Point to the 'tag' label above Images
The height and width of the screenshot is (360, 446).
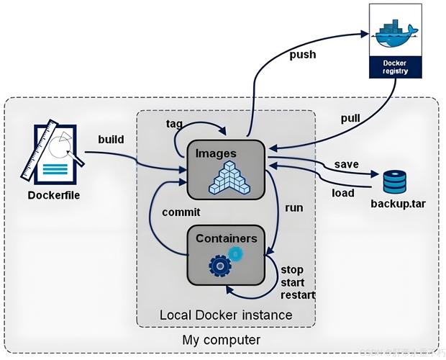(174, 123)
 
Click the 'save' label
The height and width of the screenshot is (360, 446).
(347, 165)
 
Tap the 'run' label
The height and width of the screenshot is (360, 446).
(293, 208)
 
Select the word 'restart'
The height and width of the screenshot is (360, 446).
(297, 294)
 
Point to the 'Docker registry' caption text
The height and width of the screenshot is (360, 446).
(393, 67)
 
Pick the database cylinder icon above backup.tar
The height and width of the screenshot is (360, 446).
(394, 181)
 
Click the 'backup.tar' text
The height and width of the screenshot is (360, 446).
(398, 204)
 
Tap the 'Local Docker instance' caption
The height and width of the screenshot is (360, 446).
(226, 315)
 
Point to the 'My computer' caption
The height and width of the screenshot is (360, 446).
(222, 338)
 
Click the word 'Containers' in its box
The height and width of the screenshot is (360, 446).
(227, 237)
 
